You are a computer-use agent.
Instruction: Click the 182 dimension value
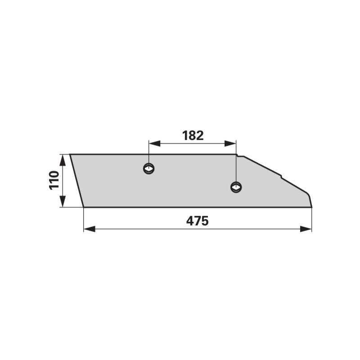[193, 136]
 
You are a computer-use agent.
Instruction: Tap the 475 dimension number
[197, 221]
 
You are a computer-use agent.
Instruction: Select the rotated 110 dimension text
[54, 180]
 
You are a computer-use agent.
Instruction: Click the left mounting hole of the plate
[149, 169]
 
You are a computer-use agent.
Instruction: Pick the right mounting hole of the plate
[236, 187]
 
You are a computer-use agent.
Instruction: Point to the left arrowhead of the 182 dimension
[154, 144]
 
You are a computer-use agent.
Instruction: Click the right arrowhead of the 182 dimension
[230, 144]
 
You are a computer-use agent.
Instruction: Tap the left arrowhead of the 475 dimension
[89, 229]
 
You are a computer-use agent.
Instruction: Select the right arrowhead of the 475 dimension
[306, 229]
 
